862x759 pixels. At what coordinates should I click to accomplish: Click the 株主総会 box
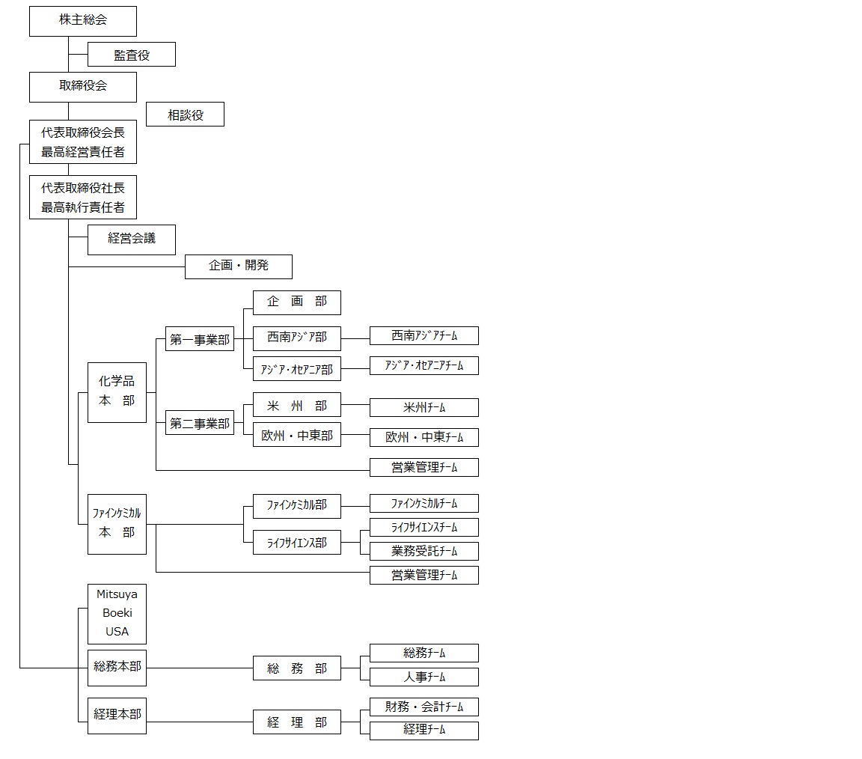point(83,21)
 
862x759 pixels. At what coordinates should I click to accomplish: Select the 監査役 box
point(132,55)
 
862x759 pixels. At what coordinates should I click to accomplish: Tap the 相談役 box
point(185,115)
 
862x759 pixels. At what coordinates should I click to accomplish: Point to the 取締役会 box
point(83,87)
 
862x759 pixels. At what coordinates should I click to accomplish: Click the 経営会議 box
point(132,240)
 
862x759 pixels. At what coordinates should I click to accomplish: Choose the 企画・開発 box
point(239,266)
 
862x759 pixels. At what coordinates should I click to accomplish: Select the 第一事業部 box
point(200,339)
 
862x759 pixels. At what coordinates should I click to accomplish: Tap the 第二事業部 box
point(200,423)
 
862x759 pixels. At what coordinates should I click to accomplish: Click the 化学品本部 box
point(117,392)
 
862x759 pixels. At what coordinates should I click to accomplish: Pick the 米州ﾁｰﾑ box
point(424,407)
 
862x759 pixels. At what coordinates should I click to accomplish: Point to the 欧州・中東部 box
point(297,435)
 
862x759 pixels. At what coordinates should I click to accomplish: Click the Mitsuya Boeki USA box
point(117,614)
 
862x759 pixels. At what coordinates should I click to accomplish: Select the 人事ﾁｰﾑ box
point(424,677)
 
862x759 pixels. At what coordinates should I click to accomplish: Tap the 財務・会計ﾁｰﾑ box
point(424,707)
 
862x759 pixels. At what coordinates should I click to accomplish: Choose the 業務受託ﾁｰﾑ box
point(424,551)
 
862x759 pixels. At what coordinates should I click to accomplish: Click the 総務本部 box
point(117,668)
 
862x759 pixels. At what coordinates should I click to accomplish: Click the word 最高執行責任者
point(83,207)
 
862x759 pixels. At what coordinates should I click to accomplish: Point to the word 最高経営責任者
point(83,152)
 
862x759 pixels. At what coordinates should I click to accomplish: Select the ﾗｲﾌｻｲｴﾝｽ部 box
point(297,543)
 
